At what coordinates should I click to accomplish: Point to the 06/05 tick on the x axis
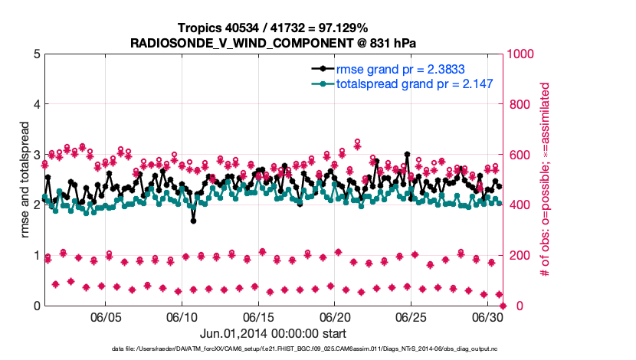pos(107,316)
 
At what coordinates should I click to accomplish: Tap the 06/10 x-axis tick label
pos(182,316)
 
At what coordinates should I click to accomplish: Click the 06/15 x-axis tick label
pos(258,316)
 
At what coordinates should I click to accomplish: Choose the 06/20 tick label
pos(335,316)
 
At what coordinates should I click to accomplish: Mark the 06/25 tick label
pos(411,316)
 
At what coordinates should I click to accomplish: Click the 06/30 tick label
pos(487,316)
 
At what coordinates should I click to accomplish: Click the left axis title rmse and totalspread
pos(13,180)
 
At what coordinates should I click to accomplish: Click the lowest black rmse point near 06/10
pos(193,221)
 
